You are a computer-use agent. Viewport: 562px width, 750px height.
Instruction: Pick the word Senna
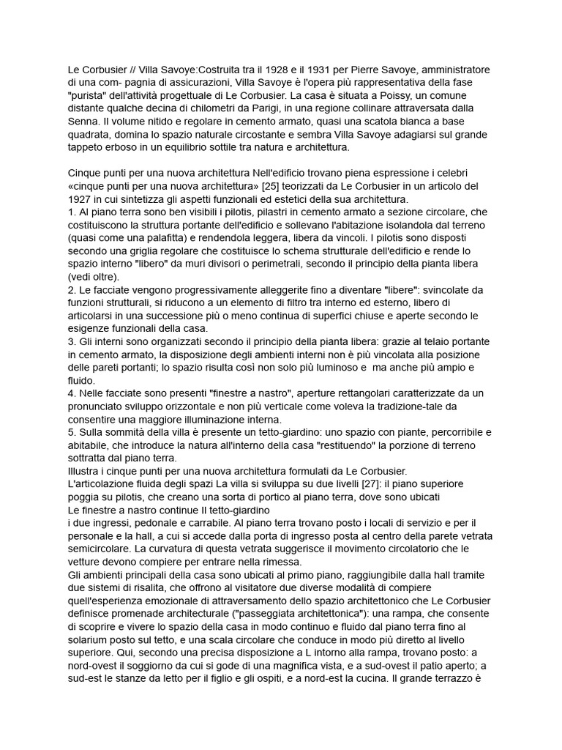click(x=83, y=122)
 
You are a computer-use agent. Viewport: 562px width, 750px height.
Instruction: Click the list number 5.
click(x=71, y=433)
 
